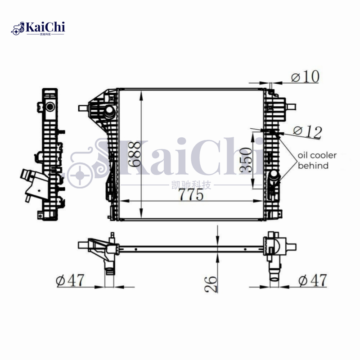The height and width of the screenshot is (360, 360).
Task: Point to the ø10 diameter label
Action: (305, 77)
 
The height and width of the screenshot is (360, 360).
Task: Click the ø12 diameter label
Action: (308, 131)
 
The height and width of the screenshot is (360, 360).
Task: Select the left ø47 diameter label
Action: (70, 280)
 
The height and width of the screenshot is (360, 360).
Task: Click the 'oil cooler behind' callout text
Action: (317, 160)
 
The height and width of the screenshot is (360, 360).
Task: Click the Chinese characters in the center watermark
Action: (192, 185)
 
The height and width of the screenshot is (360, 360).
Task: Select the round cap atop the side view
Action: (49, 107)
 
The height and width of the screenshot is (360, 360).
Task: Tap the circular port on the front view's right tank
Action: (274, 176)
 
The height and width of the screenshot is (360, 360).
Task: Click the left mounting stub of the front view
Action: (83, 108)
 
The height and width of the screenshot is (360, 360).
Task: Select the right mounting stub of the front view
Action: (292, 107)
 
